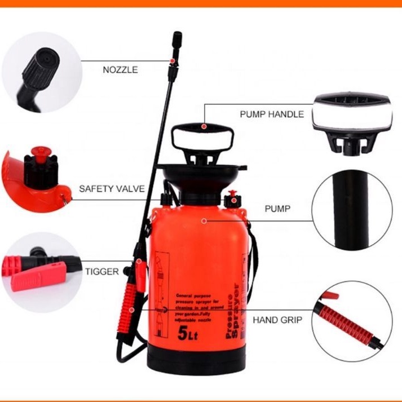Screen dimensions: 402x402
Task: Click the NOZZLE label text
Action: pos(120,70)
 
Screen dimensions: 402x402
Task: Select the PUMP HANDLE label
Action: pos(272,114)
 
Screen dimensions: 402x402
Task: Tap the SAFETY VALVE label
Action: pos(112,189)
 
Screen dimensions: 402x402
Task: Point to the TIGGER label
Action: pos(102,271)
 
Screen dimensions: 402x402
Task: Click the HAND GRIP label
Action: pos(277,320)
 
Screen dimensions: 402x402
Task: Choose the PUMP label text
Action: pos(277,209)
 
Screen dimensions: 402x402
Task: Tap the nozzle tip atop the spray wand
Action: pos(176,39)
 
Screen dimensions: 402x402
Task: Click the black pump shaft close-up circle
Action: pos(352,210)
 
